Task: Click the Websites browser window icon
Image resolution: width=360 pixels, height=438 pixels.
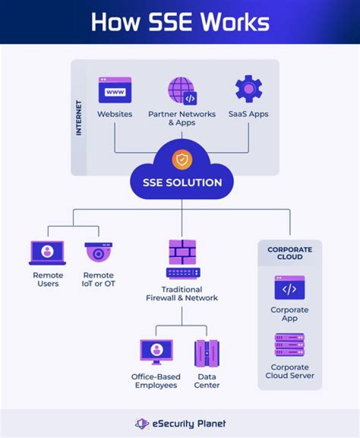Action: (114, 90)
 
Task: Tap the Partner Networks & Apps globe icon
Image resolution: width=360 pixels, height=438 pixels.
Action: (181, 91)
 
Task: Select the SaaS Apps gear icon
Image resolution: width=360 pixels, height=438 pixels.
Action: (248, 89)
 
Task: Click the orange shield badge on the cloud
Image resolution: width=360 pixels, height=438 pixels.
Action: (181, 160)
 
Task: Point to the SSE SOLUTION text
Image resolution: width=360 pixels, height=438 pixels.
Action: (182, 182)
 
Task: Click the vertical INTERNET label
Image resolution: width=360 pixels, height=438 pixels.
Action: (78, 118)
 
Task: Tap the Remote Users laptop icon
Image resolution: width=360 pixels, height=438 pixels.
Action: (47, 253)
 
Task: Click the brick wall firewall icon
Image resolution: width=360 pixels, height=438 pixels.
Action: (182, 252)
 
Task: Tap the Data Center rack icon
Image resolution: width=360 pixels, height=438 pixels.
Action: (206, 353)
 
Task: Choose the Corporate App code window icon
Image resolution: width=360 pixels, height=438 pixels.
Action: (289, 288)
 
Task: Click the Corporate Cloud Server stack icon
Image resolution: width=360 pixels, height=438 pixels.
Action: (289, 345)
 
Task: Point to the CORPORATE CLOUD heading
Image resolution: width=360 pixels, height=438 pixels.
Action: (290, 253)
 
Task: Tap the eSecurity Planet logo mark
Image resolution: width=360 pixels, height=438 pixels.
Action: (142, 423)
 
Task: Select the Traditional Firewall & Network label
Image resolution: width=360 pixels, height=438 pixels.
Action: (182, 294)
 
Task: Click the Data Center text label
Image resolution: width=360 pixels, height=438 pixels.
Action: (206, 381)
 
